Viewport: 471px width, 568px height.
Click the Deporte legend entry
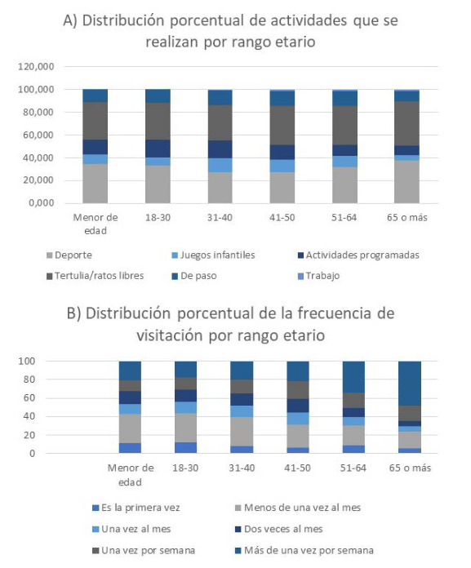pyautogui.click(x=69, y=255)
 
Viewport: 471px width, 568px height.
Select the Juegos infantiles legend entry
pyautogui.click(x=213, y=255)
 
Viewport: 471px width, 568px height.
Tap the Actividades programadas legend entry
pyautogui.click(x=358, y=255)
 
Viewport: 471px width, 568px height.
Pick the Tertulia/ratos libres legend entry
pyautogui.click(x=96, y=276)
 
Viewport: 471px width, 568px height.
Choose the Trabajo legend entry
pyautogui.click(x=318, y=276)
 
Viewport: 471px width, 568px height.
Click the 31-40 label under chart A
pyautogui.click(x=220, y=218)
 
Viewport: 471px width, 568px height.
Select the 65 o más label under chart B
pyautogui.click(x=410, y=468)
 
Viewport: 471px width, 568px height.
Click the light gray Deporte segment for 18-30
pyautogui.click(x=158, y=184)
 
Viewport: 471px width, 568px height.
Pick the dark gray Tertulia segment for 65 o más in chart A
pyautogui.click(x=407, y=123)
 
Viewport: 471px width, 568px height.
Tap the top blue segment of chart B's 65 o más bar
pyautogui.click(x=410, y=384)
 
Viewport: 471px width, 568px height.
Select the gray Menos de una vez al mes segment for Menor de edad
pyautogui.click(x=130, y=428)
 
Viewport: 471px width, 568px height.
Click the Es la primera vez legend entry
pyautogui.click(x=136, y=508)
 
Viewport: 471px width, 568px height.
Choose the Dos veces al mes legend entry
pyautogui.click(x=279, y=530)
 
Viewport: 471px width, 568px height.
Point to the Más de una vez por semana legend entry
pyautogui.click(x=304, y=551)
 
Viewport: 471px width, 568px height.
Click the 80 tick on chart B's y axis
pyautogui.click(x=27, y=379)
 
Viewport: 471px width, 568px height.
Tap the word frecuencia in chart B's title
pyautogui.click(x=339, y=313)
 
